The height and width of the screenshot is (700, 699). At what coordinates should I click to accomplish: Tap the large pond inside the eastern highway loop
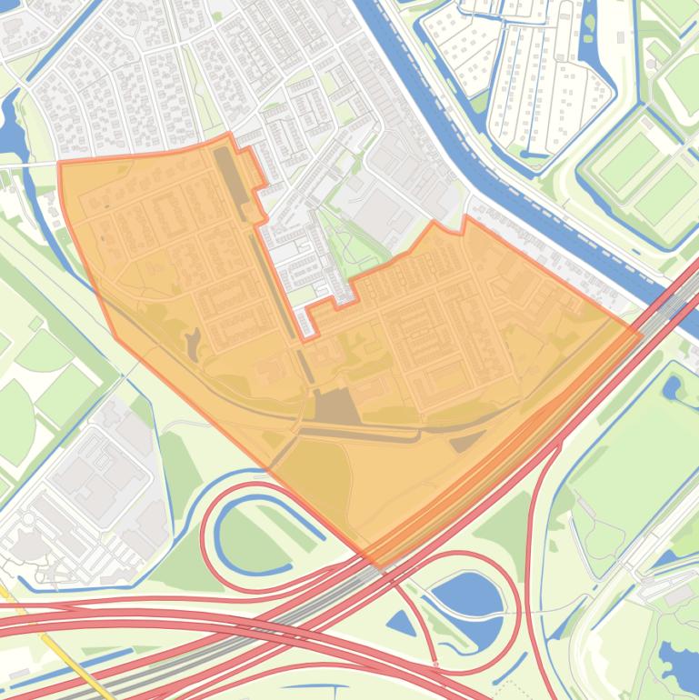point(467,596)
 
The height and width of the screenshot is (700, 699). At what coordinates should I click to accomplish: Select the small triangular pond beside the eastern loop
point(401,623)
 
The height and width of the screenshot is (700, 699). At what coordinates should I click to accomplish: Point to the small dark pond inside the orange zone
point(193,343)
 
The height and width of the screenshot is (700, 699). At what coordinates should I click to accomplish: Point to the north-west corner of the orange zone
point(60,164)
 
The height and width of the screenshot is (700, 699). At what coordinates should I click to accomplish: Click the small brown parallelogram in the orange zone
point(467,441)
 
